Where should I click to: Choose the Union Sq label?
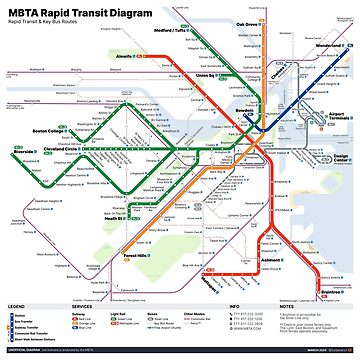207,75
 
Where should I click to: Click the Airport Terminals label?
339,118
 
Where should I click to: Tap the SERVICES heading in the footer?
83,306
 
